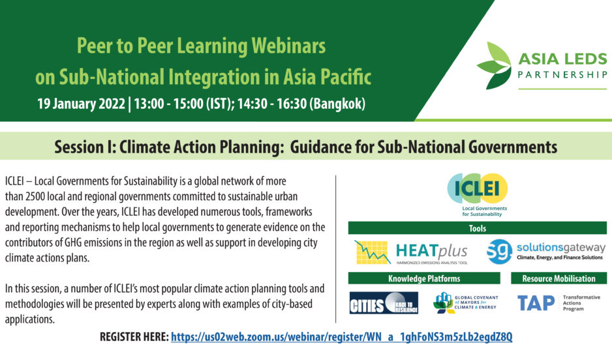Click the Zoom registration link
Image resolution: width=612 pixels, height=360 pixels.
pos(341,337)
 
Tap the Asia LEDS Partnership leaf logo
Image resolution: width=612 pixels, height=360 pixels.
pos(494,65)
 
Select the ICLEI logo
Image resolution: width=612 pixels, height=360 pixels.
pos(478,194)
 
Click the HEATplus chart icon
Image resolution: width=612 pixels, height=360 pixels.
pos(373,252)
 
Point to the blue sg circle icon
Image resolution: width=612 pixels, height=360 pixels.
pos(499,252)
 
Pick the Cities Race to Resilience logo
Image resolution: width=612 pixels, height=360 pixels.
pos(384,303)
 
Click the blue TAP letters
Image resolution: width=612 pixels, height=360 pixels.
pos(536,303)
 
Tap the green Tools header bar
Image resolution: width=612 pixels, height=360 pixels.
pos(478,228)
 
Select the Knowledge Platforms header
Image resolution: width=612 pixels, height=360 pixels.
pos(424,278)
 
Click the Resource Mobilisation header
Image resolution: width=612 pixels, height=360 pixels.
pos(559,278)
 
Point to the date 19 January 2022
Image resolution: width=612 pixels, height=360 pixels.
pos(81,104)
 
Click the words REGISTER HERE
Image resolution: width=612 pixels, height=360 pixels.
pos(134,337)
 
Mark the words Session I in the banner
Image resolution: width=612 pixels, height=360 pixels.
pos(85,147)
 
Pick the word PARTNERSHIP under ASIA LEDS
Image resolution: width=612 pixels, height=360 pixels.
pos(562,74)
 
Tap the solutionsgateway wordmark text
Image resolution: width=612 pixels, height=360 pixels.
pos(561,248)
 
